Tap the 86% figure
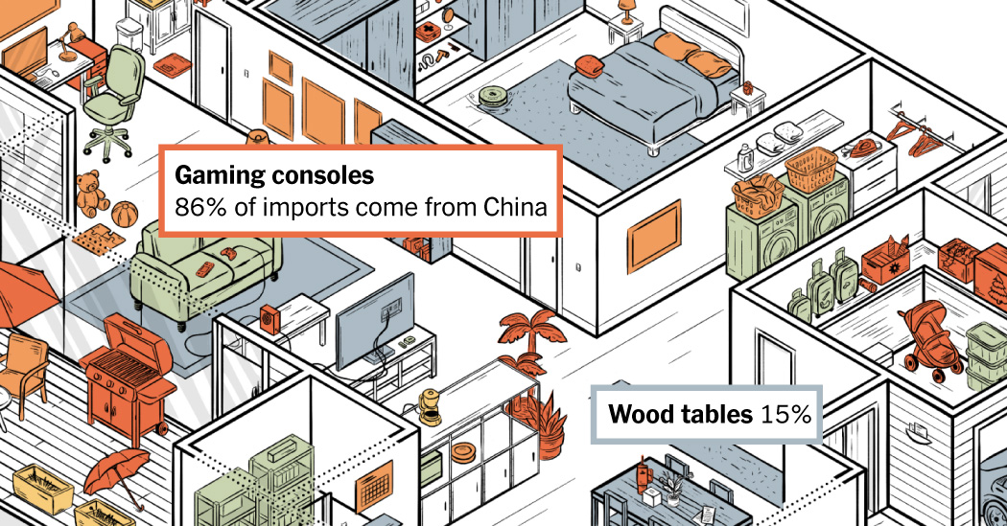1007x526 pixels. pyautogui.click(x=194, y=206)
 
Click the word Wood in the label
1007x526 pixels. pyautogui.click(x=637, y=416)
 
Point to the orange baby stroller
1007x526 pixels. pyautogui.click(x=925, y=337)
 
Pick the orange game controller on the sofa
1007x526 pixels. pyautogui.click(x=229, y=254)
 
